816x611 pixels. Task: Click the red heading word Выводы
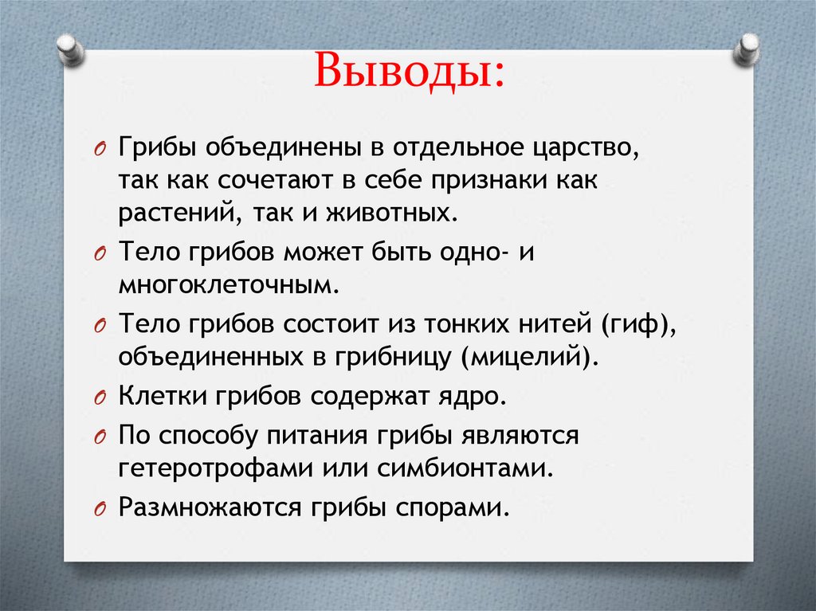click(409, 72)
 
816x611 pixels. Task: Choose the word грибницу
click(388, 358)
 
